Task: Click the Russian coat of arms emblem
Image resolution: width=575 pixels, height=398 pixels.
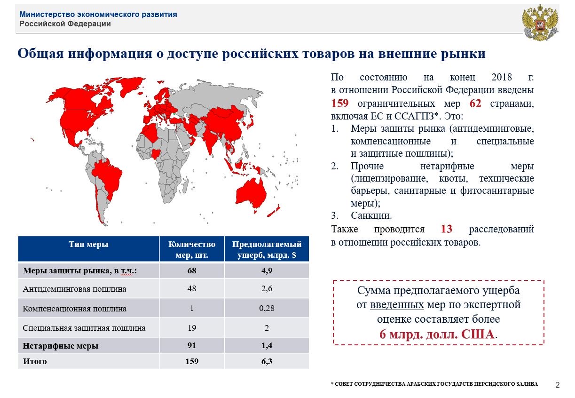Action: [x=541, y=23]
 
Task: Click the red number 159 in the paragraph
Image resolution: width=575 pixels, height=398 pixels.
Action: [x=339, y=103]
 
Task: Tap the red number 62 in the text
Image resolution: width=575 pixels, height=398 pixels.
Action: [x=475, y=103]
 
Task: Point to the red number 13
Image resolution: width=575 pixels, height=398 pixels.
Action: [x=446, y=229]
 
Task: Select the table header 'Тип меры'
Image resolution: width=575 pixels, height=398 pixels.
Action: [x=88, y=244]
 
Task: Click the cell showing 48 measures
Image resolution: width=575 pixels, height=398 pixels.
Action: [x=192, y=288]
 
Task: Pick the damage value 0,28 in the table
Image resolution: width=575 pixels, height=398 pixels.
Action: [x=267, y=308]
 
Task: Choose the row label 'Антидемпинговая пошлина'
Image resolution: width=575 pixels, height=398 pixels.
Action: [x=74, y=289]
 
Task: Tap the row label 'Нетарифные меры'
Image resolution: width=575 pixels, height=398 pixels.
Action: [x=61, y=346]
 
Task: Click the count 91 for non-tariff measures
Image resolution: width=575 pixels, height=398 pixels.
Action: [x=192, y=345]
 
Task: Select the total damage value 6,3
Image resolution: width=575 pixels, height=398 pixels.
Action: [x=267, y=361]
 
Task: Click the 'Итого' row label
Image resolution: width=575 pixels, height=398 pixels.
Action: [x=35, y=361]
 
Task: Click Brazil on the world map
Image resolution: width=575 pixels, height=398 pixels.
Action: [x=108, y=177]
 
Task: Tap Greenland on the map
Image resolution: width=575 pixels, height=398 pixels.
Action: [x=130, y=86]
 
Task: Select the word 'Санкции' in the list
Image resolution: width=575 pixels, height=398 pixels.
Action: [x=370, y=215]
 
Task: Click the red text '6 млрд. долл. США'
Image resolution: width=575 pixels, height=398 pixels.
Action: [x=437, y=334]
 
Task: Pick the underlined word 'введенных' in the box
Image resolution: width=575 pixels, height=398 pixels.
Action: [x=397, y=305]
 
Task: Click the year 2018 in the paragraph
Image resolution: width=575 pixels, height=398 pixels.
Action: [x=502, y=77]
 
